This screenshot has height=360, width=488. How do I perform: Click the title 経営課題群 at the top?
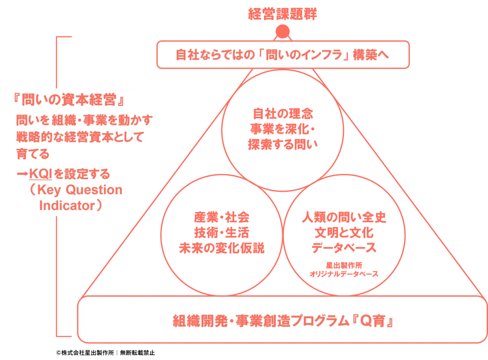[x=283, y=14]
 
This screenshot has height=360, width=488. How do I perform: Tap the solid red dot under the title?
[x=283, y=31]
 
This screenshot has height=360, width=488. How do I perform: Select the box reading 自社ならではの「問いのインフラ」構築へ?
[x=283, y=54]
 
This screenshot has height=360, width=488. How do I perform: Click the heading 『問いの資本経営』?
[x=69, y=100]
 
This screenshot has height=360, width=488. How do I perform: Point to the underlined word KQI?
[x=41, y=174]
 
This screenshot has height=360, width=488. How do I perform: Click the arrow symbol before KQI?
[x=22, y=174]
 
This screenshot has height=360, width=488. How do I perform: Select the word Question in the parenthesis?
[x=94, y=190]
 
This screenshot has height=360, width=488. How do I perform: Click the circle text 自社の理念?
[x=283, y=114]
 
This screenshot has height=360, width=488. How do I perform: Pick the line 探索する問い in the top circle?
[x=283, y=145]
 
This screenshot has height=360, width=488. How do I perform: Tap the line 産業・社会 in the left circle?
[x=222, y=217]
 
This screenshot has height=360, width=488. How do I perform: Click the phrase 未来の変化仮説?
[x=222, y=248]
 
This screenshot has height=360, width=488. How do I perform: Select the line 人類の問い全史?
[x=344, y=217]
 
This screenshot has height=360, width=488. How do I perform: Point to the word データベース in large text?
[x=344, y=247]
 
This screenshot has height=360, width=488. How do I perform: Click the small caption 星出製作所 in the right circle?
[x=344, y=265]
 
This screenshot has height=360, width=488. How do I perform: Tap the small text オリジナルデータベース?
[x=344, y=274]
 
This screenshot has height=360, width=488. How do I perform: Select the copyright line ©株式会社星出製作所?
[x=85, y=353]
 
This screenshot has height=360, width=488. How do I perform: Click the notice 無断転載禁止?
[x=137, y=353]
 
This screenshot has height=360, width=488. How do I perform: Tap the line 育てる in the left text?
[x=33, y=154]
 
